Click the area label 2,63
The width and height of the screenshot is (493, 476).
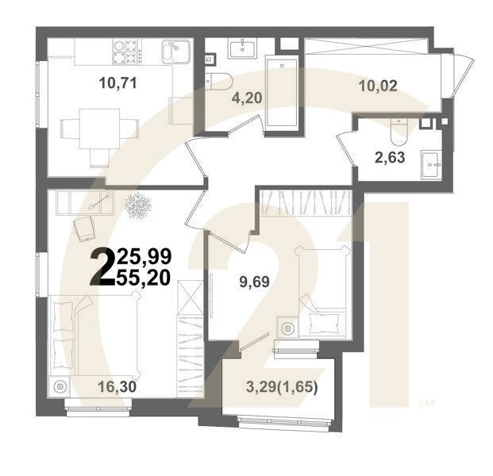click(390, 156)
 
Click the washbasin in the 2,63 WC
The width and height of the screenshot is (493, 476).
click(432, 165)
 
